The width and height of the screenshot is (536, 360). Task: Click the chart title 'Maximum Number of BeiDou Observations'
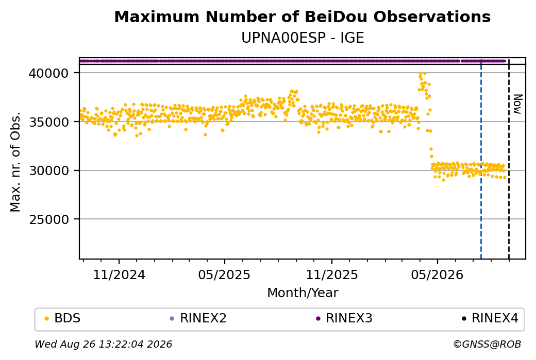[302, 16]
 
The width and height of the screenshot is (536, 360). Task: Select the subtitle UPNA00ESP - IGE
[303, 38]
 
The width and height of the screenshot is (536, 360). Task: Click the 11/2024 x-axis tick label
[119, 275]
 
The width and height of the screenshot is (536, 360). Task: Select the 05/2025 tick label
[224, 275]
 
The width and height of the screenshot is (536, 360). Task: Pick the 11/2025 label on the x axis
[331, 275]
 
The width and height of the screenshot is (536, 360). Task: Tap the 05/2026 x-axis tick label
[437, 275]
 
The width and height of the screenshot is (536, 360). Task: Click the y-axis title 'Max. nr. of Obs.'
[15, 162]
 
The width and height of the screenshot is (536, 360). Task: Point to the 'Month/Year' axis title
[303, 293]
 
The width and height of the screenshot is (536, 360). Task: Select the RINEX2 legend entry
[198, 318]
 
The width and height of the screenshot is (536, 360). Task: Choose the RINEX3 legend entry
[344, 318]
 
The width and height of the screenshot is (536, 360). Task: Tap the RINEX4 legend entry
[490, 318]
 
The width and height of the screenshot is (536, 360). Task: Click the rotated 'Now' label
[518, 104]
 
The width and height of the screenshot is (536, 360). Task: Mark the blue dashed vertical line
[481, 159]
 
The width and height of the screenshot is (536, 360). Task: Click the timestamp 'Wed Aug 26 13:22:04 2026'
[103, 344]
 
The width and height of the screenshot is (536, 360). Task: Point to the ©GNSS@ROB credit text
[487, 344]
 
